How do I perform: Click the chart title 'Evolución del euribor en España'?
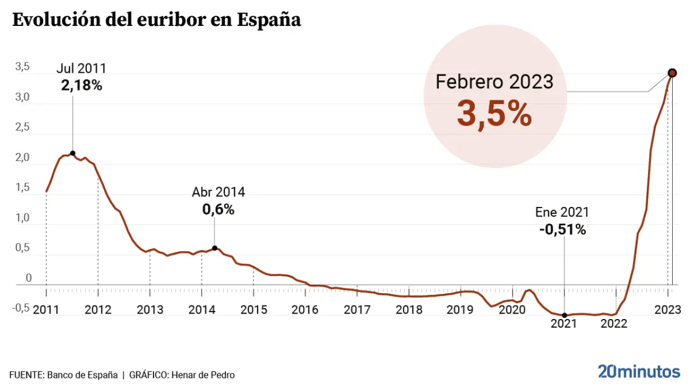click(156, 20)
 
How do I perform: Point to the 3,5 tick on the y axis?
click(22, 67)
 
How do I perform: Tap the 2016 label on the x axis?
click(305, 310)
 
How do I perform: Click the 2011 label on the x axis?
click(46, 310)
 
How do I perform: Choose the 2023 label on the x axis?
click(667, 310)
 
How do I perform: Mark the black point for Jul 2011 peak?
click(72, 153)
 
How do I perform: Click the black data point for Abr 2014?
click(215, 248)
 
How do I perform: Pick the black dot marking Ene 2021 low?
click(564, 315)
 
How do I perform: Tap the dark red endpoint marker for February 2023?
click(672, 73)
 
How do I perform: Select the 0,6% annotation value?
click(218, 210)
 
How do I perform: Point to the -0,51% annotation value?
click(562, 230)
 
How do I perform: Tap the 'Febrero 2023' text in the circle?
click(494, 82)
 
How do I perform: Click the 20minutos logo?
click(639, 371)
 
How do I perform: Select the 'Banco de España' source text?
click(82, 375)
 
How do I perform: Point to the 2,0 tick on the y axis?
click(22, 158)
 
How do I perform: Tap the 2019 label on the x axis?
click(460, 310)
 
